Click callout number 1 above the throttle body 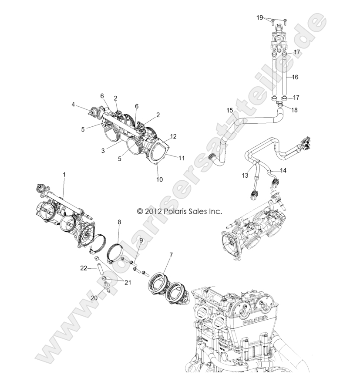click(64, 174)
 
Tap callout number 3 click(103, 151)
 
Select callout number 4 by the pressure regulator click(73, 105)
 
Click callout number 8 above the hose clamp click(119, 223)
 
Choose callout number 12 click(173, 136)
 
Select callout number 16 click(295, 77)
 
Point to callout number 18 click(295, 111)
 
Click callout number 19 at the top click(260, 18)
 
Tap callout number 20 click(93, 298)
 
